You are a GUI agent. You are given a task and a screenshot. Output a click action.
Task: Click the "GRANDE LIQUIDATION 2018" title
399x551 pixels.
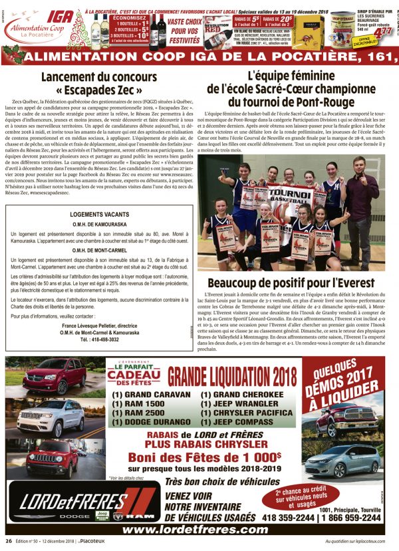point(231,376)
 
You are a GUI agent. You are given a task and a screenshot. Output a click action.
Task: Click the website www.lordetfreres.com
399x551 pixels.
point(196,530)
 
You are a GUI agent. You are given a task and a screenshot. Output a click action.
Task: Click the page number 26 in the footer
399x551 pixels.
point(9,542)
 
